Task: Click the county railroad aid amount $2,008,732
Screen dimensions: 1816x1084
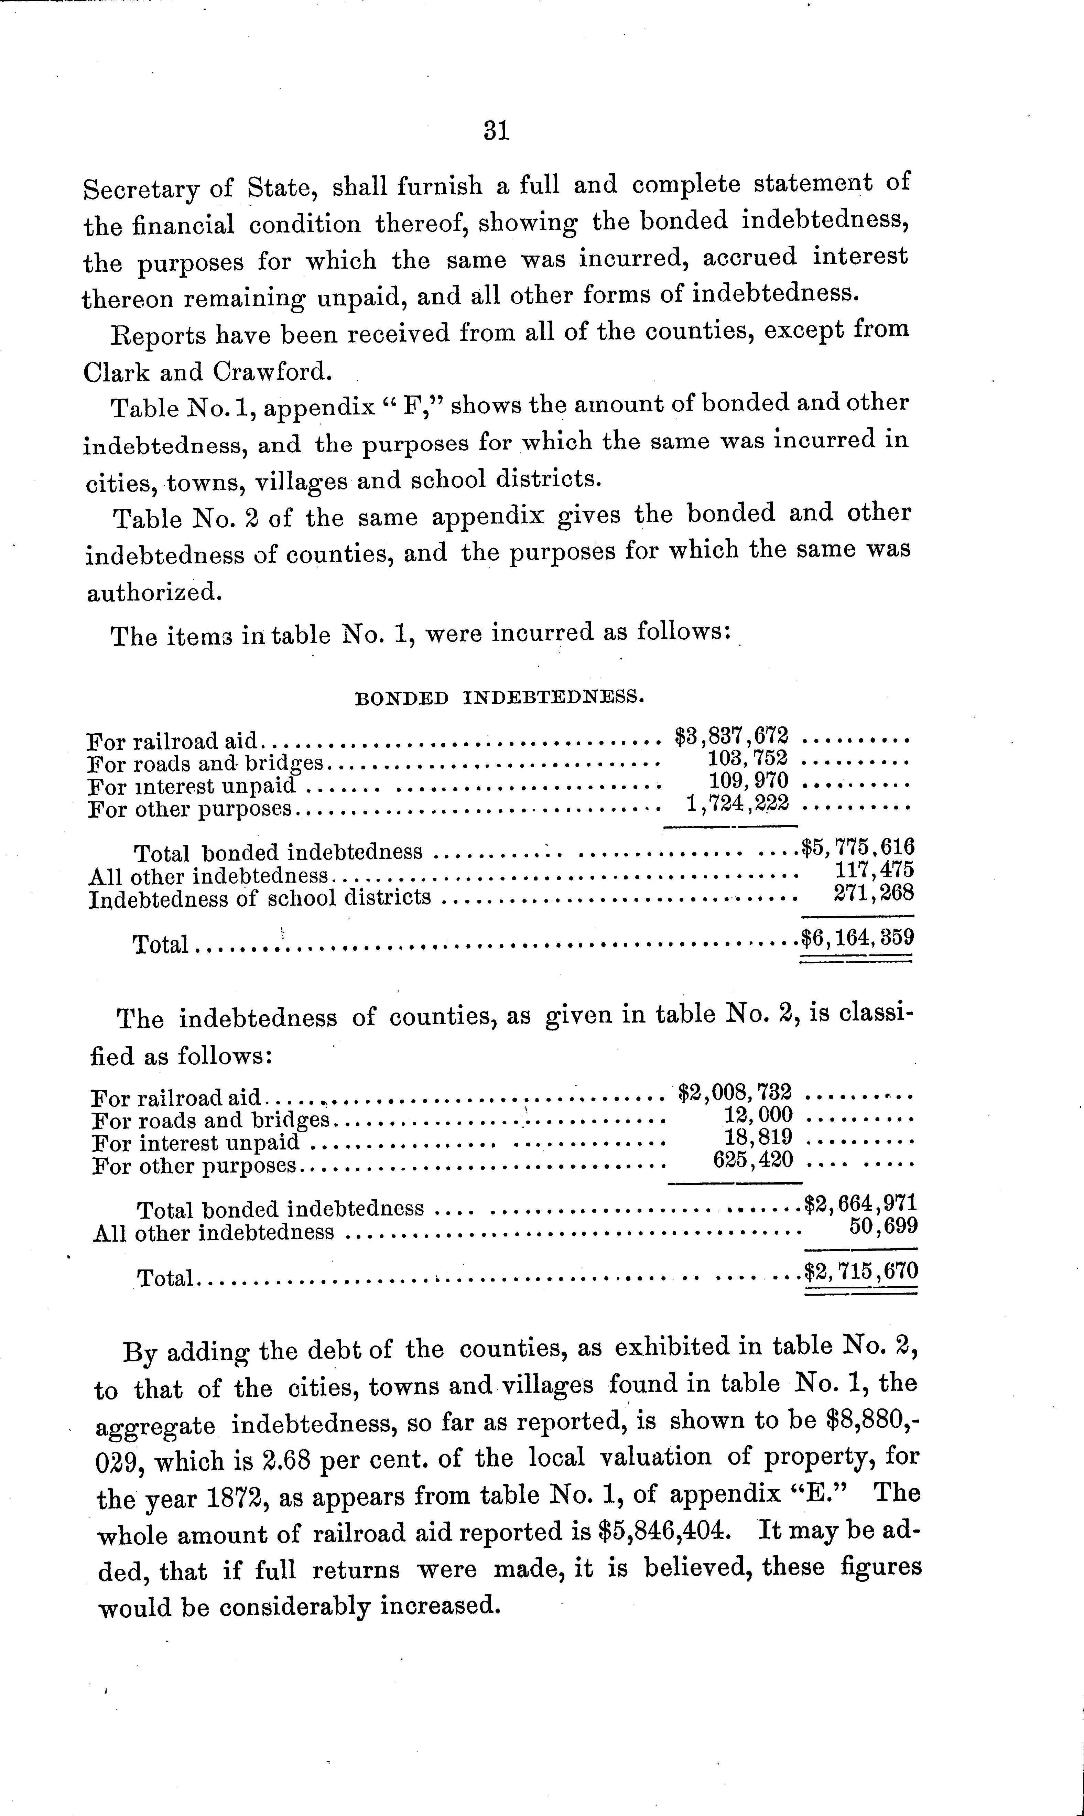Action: [x=734, y=1093]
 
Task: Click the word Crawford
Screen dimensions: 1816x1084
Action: [x=272, y=372]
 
